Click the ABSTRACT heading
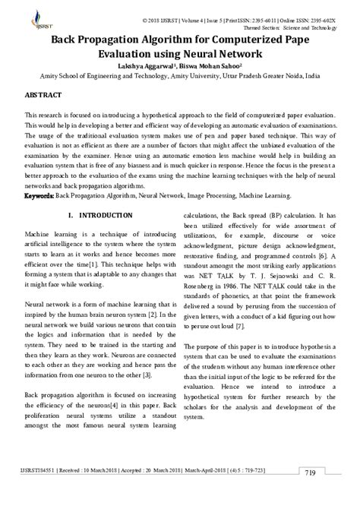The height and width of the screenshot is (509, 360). coord(44,98)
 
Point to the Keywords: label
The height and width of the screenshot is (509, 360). coord(39,194)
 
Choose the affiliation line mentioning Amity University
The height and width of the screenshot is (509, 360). coord(180,77)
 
